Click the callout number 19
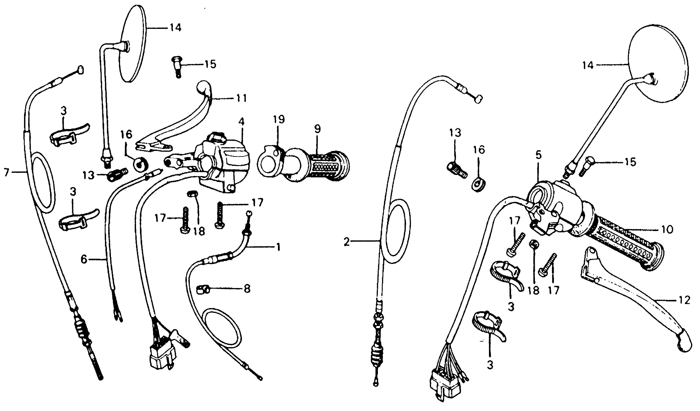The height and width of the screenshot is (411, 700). point(279,120)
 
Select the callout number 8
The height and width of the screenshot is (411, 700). point(247,289)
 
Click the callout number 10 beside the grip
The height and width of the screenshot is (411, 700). point(667,229)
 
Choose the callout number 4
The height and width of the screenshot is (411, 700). point(241,122)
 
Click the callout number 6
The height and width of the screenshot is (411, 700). point(84,260)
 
